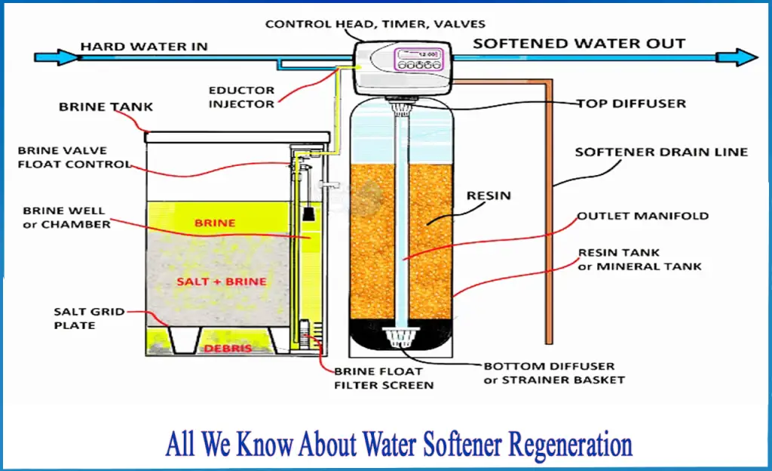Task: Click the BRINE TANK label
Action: (106, 107)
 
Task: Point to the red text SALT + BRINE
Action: (211, 282)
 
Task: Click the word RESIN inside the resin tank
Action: (489, 196)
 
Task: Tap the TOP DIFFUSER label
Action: (632, 103)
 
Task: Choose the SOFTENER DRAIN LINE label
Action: (661, 152)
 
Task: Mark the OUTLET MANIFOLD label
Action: (643, 216)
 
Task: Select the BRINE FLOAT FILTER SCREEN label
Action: (384, 378)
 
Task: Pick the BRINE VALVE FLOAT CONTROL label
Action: (74, 158)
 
